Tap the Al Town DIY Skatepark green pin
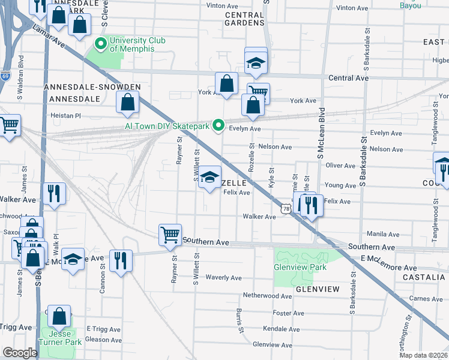220,126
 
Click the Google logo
20,352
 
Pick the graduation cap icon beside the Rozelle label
209,177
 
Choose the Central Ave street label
348,78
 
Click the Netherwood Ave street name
267,296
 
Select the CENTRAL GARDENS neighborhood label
244,18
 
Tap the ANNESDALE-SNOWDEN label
92,87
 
